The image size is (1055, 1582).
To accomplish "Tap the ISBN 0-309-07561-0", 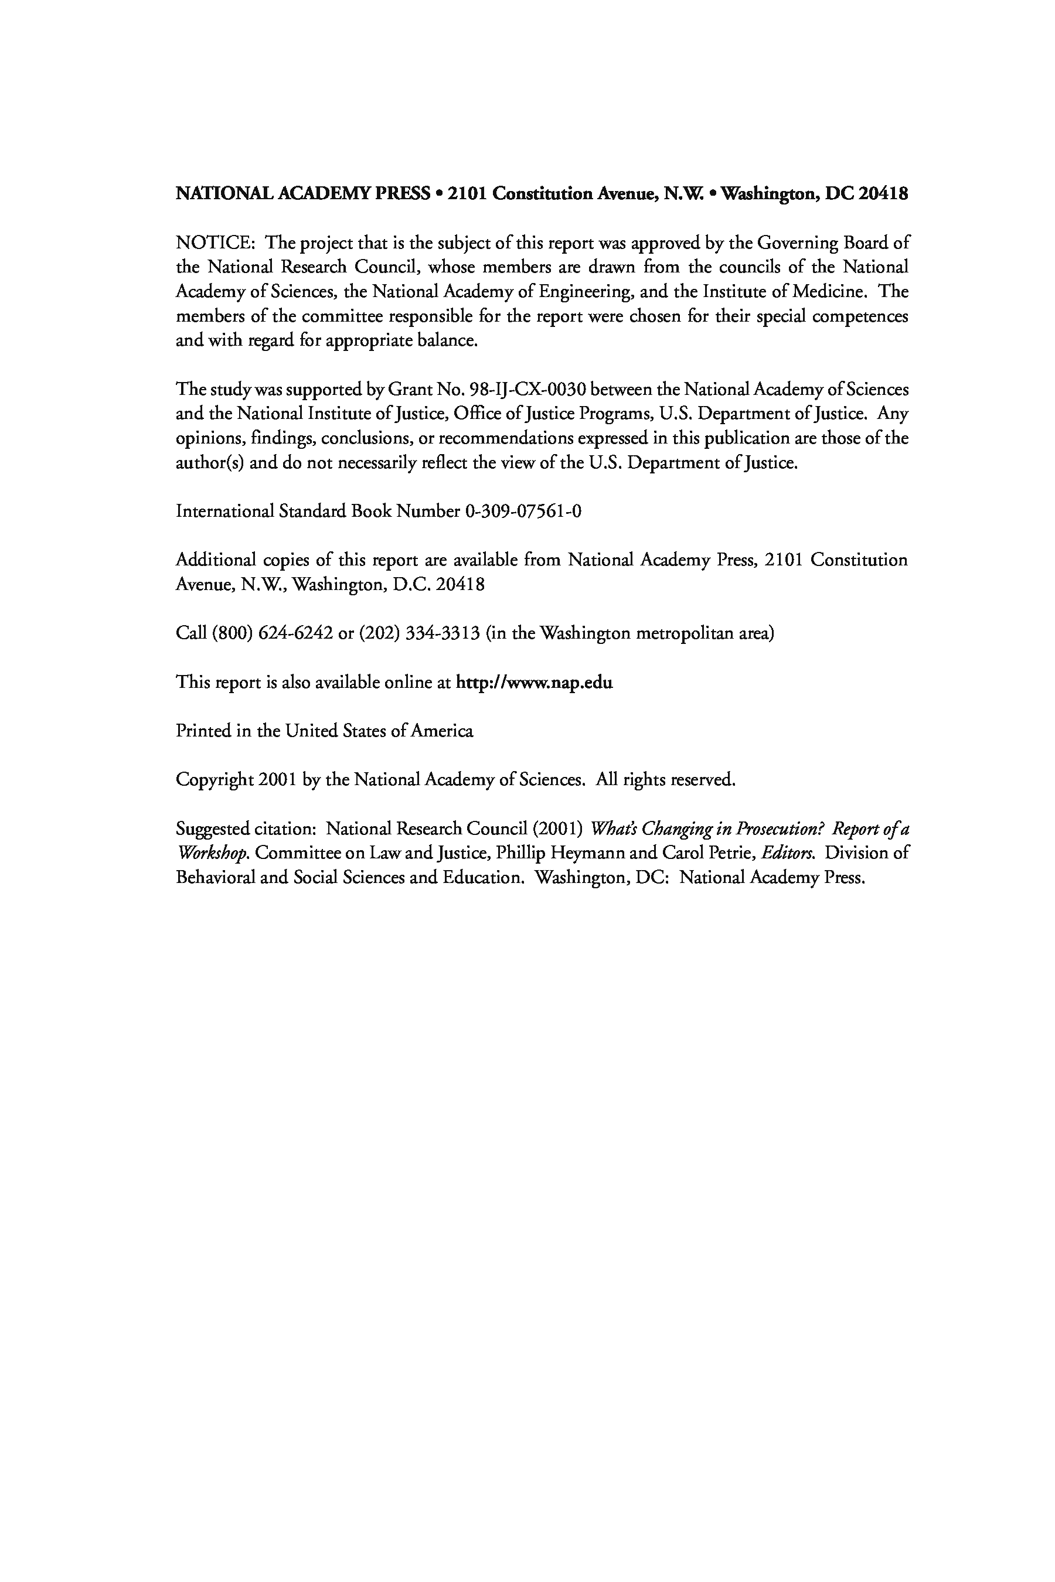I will tap(523, 512).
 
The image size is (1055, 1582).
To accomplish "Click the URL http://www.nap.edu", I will tap(534, 683).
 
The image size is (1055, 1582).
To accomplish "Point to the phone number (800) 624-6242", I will tap(273, 633).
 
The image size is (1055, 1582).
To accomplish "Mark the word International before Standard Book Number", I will tap(224, 512).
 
